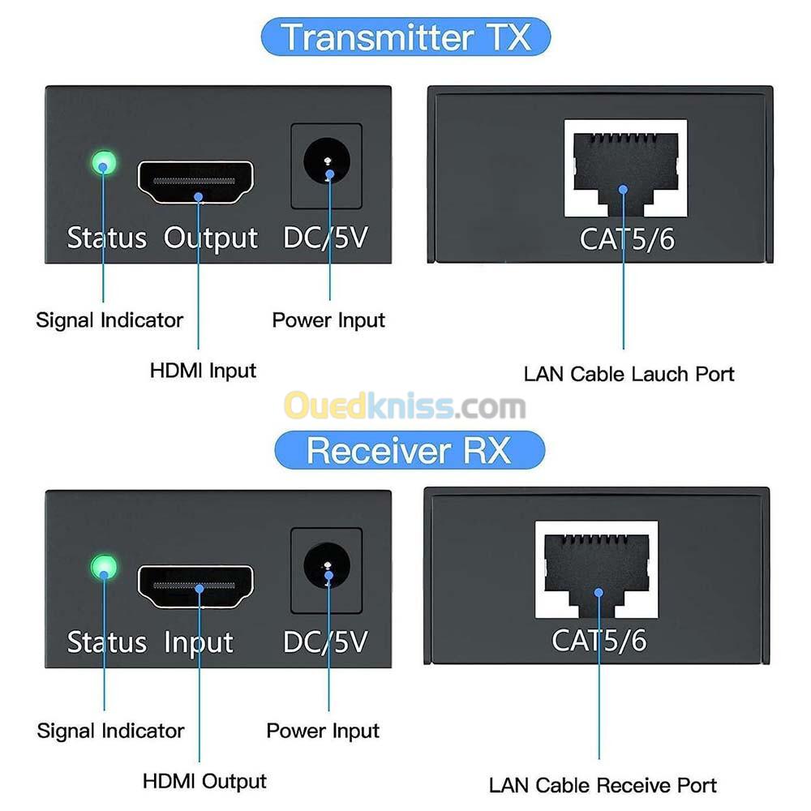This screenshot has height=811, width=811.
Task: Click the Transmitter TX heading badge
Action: [x=405, y=36]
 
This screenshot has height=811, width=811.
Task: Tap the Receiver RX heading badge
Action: [x=409, y=450]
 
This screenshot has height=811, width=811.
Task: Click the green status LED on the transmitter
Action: [x=104, y=163]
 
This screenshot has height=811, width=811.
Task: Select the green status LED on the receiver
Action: [x=104, y=568]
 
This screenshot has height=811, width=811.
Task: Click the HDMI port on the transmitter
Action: [x=195, y=182]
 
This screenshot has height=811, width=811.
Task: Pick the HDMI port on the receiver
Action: [x=195, y=586]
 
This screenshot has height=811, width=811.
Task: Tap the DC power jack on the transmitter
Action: [x=326, y=161]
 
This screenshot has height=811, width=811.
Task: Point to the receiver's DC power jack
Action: [x=326, y=565]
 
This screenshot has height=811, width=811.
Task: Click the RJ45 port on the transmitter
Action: [x=625, y=168]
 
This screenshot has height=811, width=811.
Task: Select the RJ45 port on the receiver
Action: [x=596, y=569]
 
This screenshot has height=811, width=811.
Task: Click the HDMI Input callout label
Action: [x=203, y=371]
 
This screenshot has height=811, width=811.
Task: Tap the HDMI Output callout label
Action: [x=204, y=781]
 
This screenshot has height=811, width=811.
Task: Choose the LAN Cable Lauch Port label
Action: [x=629, y=374]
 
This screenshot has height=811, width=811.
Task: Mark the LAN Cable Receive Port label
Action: [x=603, y=785]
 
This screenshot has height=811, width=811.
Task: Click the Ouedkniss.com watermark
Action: [x=405, y=405]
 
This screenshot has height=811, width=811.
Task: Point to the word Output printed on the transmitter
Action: [x=211, y=238]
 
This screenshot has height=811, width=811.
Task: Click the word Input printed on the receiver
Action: [x=199, y=643]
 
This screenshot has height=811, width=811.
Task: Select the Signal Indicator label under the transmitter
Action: [x=109, y=320]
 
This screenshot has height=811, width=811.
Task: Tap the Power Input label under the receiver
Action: [x=323, y=731]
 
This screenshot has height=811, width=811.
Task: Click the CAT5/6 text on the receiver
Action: [x=599, y=641]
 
